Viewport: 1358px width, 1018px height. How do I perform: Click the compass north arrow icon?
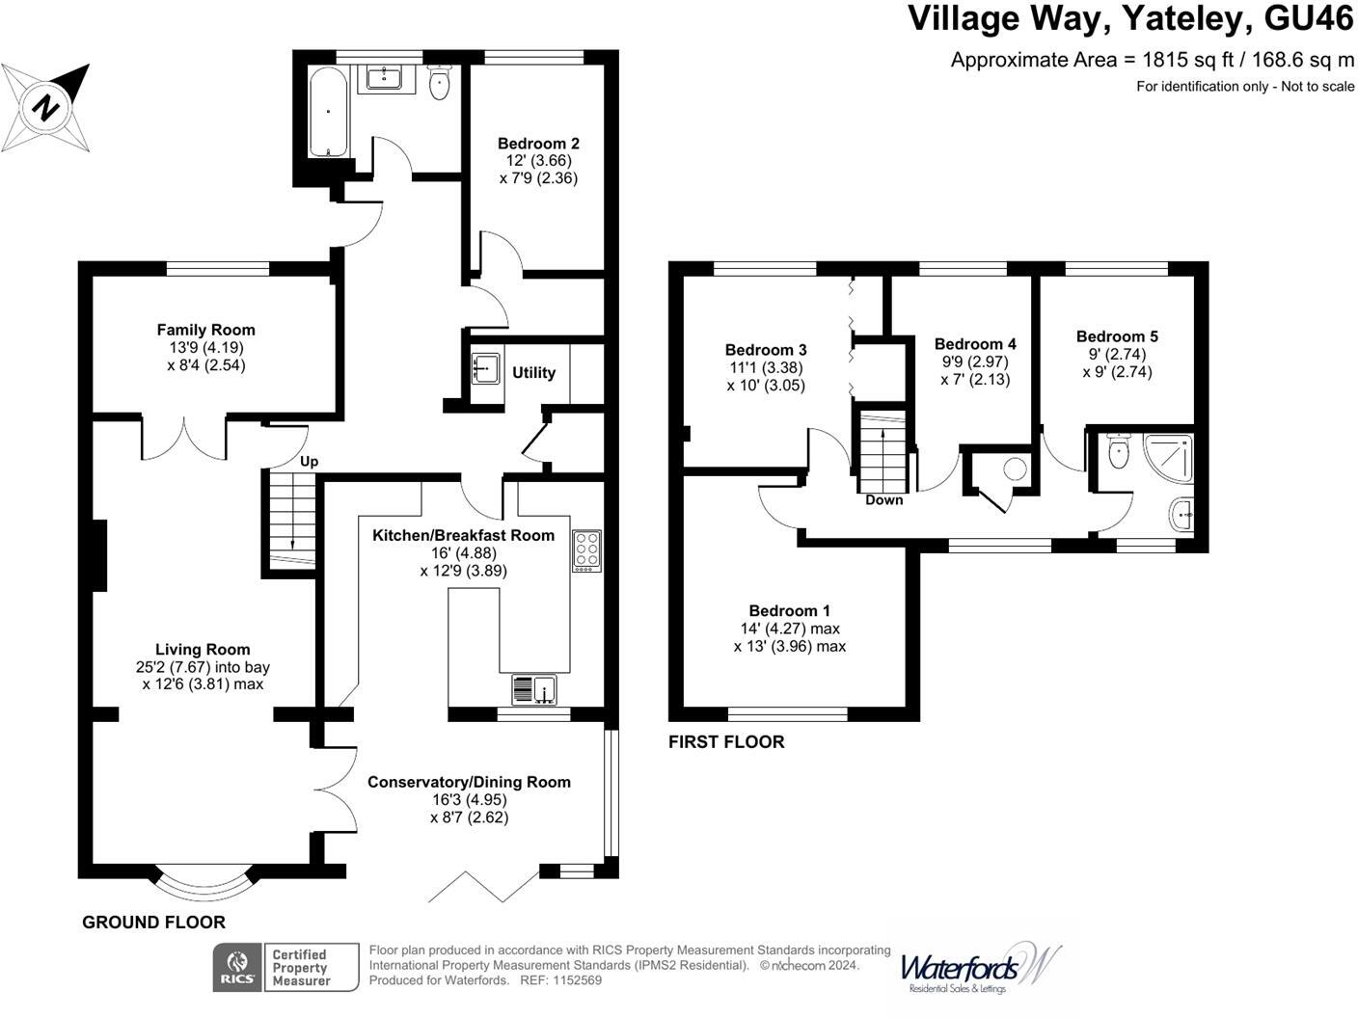point(45,108)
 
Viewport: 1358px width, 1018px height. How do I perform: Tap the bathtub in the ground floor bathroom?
point(328,111)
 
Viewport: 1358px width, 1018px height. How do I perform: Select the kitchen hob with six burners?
point(586,550)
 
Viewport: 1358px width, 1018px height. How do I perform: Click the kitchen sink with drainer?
point(534,690)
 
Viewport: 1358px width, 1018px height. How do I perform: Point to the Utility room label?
point(533,373)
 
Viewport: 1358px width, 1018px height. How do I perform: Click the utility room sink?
point(486,369)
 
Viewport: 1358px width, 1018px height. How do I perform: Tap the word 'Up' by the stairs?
point(309,462)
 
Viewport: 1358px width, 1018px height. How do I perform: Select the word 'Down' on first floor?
point(884,500)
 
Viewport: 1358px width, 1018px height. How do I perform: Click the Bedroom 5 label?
point(1117,336)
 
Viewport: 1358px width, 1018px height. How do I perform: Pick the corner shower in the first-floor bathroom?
point(1168,457)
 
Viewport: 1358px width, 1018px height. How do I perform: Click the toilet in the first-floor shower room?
point(1119,450)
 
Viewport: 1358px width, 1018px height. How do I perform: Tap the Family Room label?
point(206,330)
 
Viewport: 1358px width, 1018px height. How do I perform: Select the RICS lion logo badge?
point(237,967)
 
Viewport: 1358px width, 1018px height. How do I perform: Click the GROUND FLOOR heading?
point(154,923)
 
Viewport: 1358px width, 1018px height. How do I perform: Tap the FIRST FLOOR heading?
point(726,741)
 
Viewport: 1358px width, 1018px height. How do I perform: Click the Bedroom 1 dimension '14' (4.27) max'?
point(790,629)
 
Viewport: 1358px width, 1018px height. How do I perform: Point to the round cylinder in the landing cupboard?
point(1015,469)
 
